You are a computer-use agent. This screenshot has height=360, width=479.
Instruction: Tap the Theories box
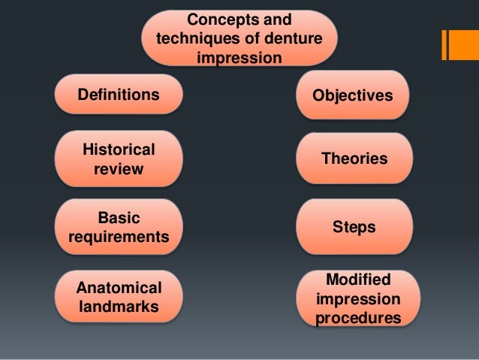pos(354,159)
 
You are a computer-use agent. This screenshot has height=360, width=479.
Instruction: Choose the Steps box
pos(354,227)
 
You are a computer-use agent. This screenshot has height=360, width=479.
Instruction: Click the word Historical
pos(119,149)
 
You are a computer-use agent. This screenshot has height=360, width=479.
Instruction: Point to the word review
pos(119,169)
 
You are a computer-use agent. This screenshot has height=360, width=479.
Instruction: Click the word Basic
pos(119,217)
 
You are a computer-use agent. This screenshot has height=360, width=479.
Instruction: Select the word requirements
pos(119,237)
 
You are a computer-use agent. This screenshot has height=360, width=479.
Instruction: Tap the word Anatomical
pos(119,288)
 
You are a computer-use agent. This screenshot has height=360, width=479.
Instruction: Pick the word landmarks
pos(119,307)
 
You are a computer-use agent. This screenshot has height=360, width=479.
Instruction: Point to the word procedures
pos(357,319)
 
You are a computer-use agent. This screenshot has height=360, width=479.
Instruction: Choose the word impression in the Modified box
pos(357,300)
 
